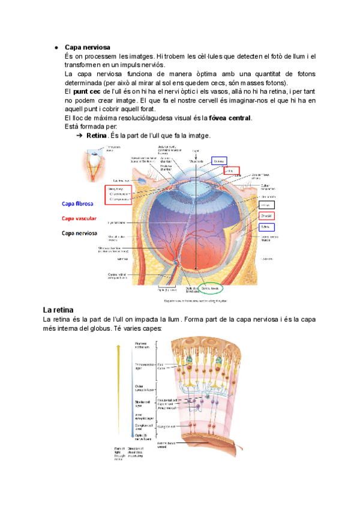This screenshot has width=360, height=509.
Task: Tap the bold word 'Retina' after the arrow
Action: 96,136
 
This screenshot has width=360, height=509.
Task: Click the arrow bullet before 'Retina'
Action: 79,136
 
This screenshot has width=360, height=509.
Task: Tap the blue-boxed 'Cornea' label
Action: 219,161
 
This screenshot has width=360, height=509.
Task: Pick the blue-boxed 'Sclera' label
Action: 266,227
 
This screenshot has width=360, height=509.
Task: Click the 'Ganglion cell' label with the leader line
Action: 166,426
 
